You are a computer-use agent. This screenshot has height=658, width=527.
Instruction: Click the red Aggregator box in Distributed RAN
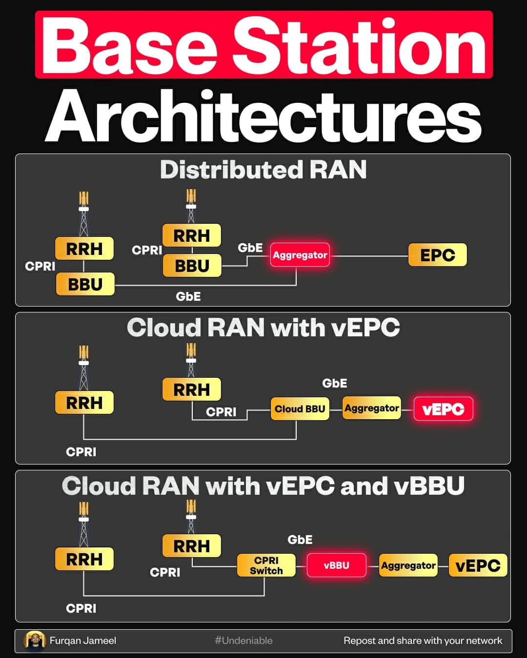pyautogui.click(x=300, y=255)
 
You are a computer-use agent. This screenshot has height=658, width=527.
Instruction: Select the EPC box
pyautogui.click(x=437, y=255)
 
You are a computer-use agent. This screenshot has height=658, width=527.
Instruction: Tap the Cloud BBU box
pyautogui.click(x=300, y=409)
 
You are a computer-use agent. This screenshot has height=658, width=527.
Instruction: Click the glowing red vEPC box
pyautogui.click(x=443, y=409)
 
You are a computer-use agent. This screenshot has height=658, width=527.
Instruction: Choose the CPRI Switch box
pyautogui.click(x=266, y=565)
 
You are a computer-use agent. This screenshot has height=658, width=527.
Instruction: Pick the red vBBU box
pyautogui.click(x=336, y=565)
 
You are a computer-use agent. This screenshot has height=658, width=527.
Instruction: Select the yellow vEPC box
pyautogui.click(x=478, y=565)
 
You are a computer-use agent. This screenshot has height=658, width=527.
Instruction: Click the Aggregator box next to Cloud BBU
pyautogui.click(x=372, y=408)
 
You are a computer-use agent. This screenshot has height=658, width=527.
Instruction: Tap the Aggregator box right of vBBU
pyautogui.click(x=408, y=565)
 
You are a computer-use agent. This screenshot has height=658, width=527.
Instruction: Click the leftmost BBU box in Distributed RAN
pyautogui.click(x=85, y=284)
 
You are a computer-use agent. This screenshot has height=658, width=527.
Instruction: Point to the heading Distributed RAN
pyautogui.click(x=263, y=170)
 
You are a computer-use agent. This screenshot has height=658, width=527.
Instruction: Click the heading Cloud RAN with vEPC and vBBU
pyautogui.click(x=263, y=486)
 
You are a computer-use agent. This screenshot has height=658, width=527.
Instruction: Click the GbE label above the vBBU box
pyautogui.click(x=300, y=540)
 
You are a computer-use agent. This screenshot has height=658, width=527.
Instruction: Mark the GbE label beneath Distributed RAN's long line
pyautogui.click(x=188, y=296)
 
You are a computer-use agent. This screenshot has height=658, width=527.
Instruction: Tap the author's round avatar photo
pyautogui.click(x=35, y=640)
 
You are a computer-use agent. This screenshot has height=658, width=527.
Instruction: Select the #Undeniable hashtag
pyautogui.click(x=243, y=640)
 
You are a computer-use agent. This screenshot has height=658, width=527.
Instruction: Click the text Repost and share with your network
pyautogui.click(x=423, y=640)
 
